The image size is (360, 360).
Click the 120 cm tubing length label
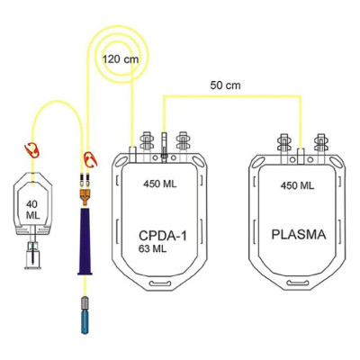[121, 58]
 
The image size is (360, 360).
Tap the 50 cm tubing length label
[225, 85]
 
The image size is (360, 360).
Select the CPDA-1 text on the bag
[163, 236]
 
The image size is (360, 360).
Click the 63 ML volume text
[152, 249]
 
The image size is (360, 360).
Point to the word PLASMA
[299, 234]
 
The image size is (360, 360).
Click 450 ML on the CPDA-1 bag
[160, 184]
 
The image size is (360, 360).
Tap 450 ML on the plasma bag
[297, 185]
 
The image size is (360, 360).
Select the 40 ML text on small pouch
[32, 210]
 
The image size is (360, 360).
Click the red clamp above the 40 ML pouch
[32, 150]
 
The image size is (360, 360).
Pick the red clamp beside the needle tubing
[90, 159]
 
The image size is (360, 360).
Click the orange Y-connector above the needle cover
[85, 196]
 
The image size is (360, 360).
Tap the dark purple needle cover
[85, 241]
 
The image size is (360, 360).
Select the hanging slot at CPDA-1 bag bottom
[160, 283]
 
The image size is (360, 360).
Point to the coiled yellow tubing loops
[119, 53]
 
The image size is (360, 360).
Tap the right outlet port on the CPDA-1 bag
[183, 143]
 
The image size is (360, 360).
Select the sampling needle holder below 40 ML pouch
[32, 255]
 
